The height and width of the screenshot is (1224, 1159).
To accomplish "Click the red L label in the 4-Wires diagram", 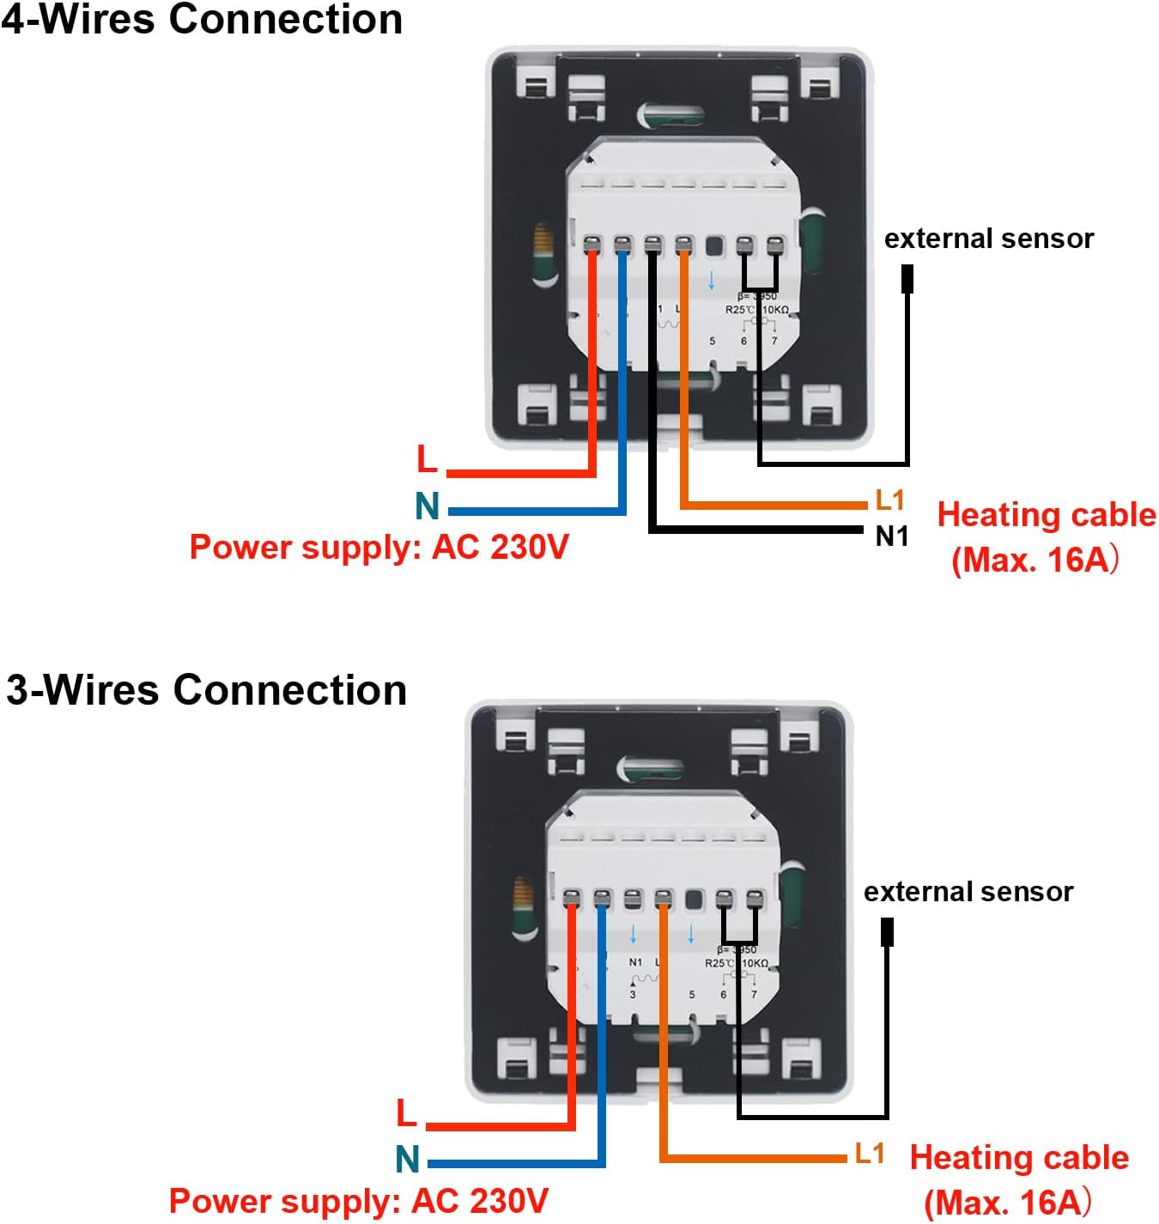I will [x=427, y=459].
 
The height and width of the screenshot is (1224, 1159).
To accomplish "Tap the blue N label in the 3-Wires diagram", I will [x=408, y=1159].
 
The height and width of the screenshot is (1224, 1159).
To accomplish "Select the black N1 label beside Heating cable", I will [x=891, y=536].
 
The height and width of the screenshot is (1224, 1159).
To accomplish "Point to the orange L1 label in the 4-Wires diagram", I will [x=889, y=500].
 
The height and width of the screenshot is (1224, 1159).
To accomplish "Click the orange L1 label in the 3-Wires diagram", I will [x=870, y=1153].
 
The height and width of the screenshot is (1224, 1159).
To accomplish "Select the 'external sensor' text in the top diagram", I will [x=989, y=238].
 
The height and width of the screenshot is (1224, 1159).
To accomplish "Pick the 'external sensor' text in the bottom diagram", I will [x=968, y=891].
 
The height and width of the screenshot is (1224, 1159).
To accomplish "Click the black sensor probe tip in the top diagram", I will [x=907, y=279].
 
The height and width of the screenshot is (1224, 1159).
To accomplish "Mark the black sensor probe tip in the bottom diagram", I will [x=888, y=932].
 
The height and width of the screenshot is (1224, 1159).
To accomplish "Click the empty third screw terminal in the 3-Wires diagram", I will [x=633, y=899].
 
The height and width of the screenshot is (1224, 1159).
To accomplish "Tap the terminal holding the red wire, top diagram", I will [x=592, y=246].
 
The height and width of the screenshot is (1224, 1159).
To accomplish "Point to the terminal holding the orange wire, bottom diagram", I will [x=663, y=899].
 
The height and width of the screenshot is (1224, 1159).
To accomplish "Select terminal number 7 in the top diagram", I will [x=774, y=341].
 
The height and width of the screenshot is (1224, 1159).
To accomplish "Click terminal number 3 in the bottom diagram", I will [x=633, y=995].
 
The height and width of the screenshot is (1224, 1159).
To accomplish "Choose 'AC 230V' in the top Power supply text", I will [x=500, y=547].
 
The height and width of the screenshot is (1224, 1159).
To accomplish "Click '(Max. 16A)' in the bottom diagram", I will [x=1008, y=1202].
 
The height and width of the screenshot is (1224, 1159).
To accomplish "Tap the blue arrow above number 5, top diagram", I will [x=711, y=281].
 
